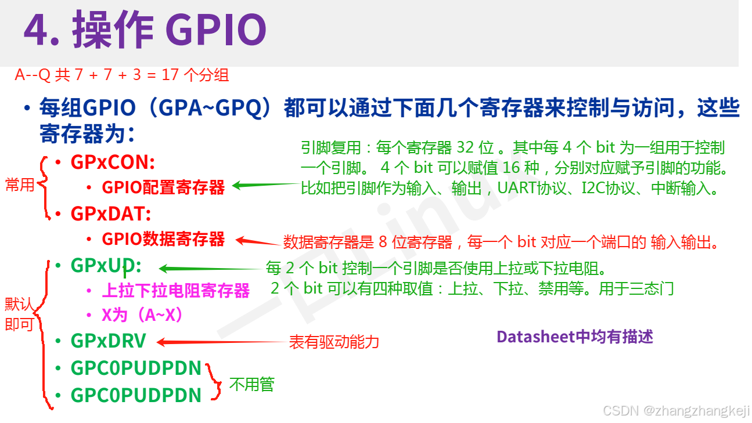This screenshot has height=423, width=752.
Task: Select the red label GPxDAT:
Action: click(x=111, y=214)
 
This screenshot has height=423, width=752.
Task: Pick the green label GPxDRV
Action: click(x=108, y=341)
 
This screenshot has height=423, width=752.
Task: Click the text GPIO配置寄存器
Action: click(x=163, y=187)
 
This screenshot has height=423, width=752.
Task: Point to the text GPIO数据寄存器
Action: click(x=163, y=239)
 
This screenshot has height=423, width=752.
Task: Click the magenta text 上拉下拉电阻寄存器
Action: click(x=175, y=290)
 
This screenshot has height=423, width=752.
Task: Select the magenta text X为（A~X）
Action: click(x=142, y=315)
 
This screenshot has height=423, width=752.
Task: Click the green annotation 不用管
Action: click(x=251, y=384)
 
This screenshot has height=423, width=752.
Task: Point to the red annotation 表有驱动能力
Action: click(x=334, y=342)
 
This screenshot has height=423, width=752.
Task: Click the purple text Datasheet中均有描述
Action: click(x=575, y=337)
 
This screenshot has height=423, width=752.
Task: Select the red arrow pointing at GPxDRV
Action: click(x=221, y=342)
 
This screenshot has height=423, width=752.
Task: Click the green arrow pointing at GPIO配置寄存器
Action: click(x=264, y=186)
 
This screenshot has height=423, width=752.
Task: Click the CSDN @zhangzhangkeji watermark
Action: click(x=676, y=411)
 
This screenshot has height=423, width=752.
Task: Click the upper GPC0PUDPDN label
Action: click(x=136, y=368)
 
